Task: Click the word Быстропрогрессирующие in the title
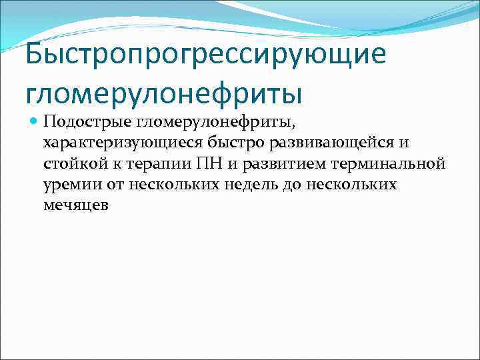tap(206, 55)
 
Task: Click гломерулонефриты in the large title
tap(164, 92)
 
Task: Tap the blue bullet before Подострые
tap(33, 122)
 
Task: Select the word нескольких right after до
tap(354, 184)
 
